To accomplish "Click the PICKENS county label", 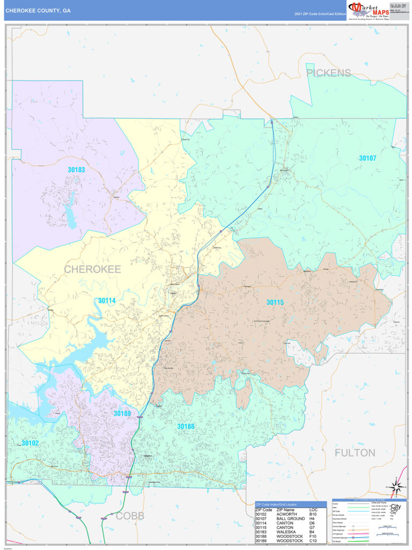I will click(x=328, y=73).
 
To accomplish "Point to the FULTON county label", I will click(x=355, y=452).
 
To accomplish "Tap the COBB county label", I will click(x=130, y=516).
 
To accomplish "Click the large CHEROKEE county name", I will click(x=92, y=269).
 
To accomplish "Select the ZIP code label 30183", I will click(x=76, y=170).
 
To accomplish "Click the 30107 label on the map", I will click(x=367, y=158).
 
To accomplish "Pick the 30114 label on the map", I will click(x=107, y=300).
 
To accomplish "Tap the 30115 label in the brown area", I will click(x=275, y=302).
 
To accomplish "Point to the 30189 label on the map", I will click(x=122, y=413).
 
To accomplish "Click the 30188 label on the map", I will click(x=186, y=426).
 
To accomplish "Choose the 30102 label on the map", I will click(x=30, y=443).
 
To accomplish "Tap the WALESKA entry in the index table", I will click(x=288, y=534).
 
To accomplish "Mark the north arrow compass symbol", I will click(x=395, y=487).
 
